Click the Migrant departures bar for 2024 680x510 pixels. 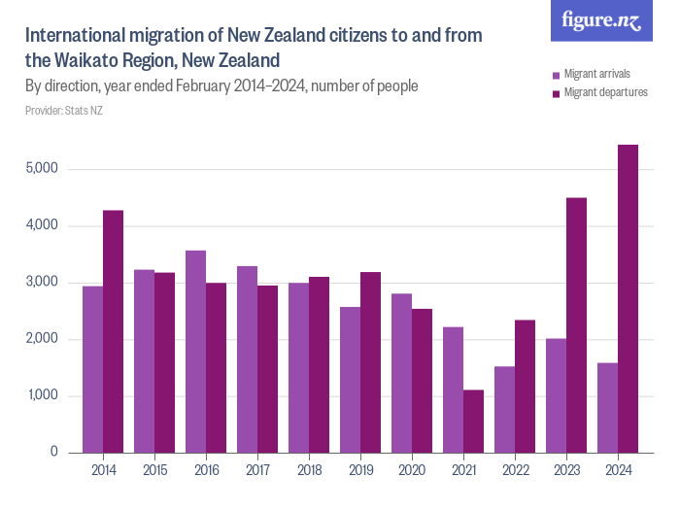pyautogui.click(x=628, y=298)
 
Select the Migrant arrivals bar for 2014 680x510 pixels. pyautogui.click(x=93, y=369)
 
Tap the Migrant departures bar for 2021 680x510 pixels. pyautogui.click(x=473, y=422)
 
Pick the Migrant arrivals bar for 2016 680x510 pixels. pyautogui.click(x=195, y=352)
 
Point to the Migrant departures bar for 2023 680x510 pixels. pyautogui.click(x=576, y=325)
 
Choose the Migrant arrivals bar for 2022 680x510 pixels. pyautogui.click(x=504, y=409)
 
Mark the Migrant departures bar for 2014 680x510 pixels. pyautogui.click(x=114, y=331)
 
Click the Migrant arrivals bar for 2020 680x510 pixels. pyautogui.click(x=401, y=373)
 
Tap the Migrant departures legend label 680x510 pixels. pyautogui.click(x=606, y=93)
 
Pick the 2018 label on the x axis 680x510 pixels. pyautogui.click(x=309, y=471)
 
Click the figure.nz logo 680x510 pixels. pyautogui.click(x=601, y=20)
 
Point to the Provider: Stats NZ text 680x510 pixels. pyautogui.click(x=64, y=111)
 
